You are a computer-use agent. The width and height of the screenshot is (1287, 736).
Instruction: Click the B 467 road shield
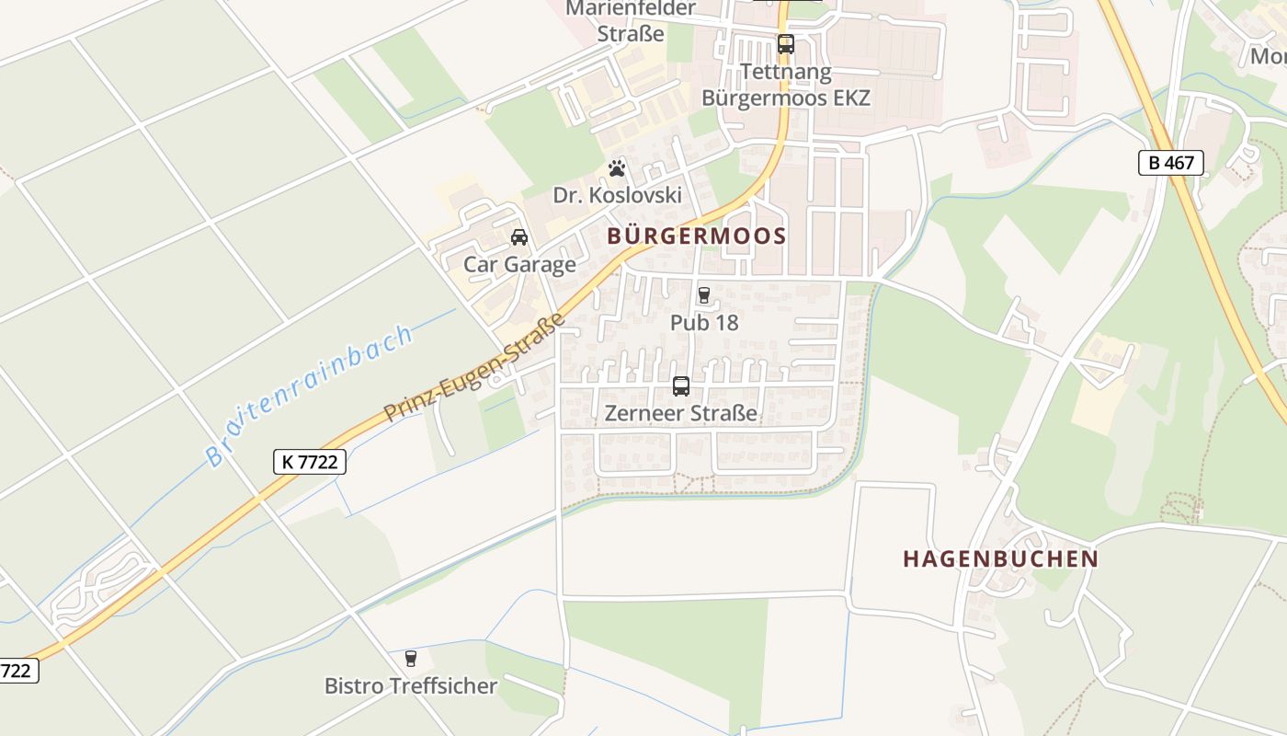coord(1170,163)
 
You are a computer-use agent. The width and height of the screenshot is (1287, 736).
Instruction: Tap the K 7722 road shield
coord(310,462)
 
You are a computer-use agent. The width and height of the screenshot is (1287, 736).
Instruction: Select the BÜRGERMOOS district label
coord(697,236)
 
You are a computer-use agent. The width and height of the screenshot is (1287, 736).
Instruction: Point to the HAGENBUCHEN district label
coord(1000,558)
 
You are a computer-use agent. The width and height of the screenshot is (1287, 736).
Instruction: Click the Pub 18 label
coord(704,323)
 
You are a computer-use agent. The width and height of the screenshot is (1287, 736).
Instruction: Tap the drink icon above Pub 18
coord(704,295)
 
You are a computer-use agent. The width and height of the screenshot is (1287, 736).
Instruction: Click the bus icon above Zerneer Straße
coord(681,386)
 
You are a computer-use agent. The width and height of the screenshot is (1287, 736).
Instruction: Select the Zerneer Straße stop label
coord(681,413)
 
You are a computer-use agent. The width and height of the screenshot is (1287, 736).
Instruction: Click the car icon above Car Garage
coord(519,237)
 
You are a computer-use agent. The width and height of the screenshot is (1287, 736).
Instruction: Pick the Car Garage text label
coord(519,265)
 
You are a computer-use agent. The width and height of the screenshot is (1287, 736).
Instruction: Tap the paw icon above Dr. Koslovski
coord(617,168)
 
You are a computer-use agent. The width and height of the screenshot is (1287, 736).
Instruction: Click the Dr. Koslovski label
coord(617,195)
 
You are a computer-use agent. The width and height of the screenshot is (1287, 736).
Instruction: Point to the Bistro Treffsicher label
coord(411,685)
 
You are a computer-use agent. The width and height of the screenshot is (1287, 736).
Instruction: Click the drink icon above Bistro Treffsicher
coord(411,659)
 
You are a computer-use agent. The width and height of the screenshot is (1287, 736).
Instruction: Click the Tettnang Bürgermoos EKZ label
coord(785,84)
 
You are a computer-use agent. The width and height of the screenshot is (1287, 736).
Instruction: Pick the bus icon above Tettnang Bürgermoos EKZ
coord(785,43)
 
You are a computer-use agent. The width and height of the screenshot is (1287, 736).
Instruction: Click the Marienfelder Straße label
coord(631,21)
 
